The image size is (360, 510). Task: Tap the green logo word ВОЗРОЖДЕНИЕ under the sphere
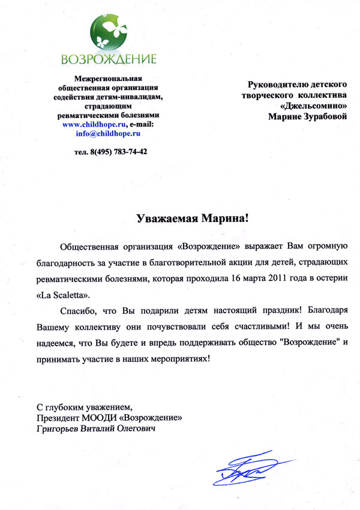coord(109,59)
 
